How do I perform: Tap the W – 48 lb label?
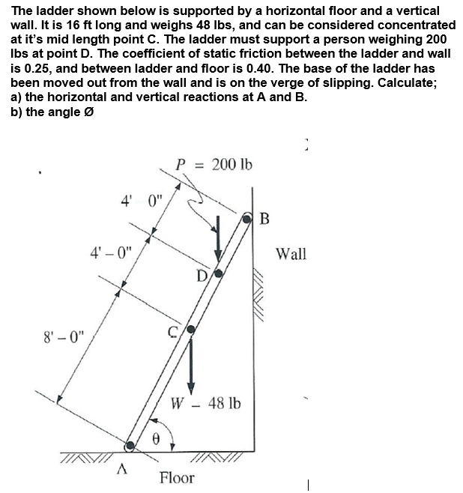(x=206, y=404)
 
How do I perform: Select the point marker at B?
(x=249, y=218)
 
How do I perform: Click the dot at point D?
(x=219, y=273)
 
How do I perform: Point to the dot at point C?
(x=190, y=330)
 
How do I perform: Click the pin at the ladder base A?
(x=130, y=446)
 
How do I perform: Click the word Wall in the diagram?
(x=291, y=254)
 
